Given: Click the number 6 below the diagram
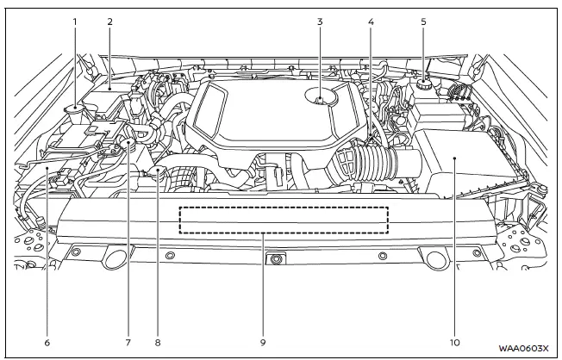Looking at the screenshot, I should pyautogui.click(x=47, y=342).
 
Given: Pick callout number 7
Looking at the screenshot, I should pyautogui.click(x=128, y=342).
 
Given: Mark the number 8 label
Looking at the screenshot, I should pyautogui.click(x=158, y=342).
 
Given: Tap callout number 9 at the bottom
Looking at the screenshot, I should pyautogui.click(x=264, y=342).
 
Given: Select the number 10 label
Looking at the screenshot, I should pyautogui.click(x=455, y=342).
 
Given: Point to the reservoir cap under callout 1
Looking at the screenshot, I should pyautogui.click(x=76, y=109).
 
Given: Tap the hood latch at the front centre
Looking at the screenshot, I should pyautogui.click(x=276, y=258).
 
